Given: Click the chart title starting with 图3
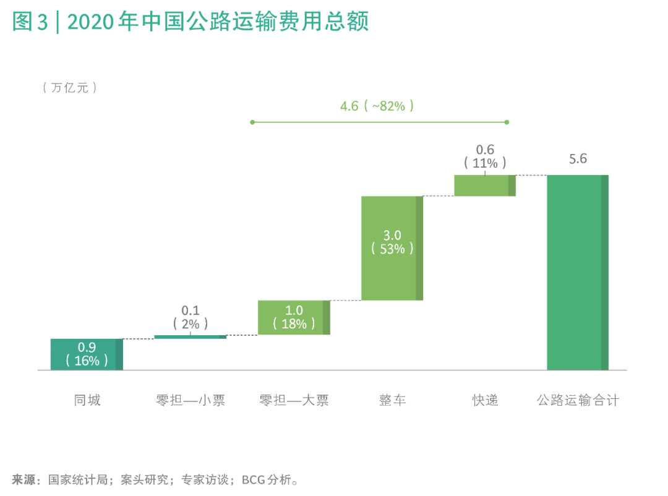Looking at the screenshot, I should [191, 22].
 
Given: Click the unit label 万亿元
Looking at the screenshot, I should [70, 88].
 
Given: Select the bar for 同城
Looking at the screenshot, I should [87, 354].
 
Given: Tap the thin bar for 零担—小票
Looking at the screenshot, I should [190, 337].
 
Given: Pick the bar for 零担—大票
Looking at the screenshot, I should [294, 317].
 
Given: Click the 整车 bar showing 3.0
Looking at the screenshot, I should [392, 248].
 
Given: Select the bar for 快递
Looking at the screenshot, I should [485, 185].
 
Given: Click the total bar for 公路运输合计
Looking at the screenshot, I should [578, 272].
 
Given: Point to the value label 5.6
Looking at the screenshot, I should [578, 159].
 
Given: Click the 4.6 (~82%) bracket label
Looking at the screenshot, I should [377, 106].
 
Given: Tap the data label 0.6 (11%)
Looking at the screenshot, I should [485, 156].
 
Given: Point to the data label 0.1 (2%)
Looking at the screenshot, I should [190, 317].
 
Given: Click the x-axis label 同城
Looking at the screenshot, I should [87, 400].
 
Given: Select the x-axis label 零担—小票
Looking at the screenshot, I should [190, 400].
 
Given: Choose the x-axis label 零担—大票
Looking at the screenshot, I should [294, 400].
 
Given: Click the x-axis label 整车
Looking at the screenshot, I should [392, 400].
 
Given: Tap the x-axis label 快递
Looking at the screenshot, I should [485, 400].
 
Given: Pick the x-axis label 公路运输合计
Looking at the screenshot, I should [578, 400].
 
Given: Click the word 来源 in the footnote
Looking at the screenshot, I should [24, 479].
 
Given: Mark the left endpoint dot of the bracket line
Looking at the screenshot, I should [252, 122].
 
